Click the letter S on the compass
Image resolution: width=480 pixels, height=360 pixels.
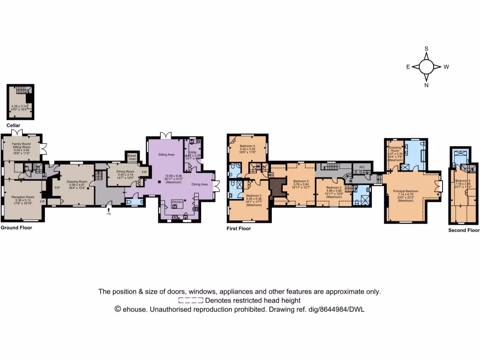pyautogui.click(x=427, y=48)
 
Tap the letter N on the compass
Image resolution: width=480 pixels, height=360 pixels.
pyautogui.click(x=427, y=85)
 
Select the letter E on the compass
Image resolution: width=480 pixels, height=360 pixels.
pyautogui.click(x=408, y=67)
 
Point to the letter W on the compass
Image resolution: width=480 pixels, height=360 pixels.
pyautogui.click(x=446, y=67)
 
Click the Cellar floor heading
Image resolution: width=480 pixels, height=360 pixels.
pyautogui.click(x=14, y=126)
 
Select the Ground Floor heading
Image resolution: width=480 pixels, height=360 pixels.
pyautogui.click(x=16, y=227)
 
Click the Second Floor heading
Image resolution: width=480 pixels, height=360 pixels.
pyautogui.click(x=464, y=230)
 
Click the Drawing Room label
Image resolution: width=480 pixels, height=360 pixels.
pyautogui.click(x=77, y=181)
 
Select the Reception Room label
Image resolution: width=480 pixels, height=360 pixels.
pyautogui.click(x=23, y=197)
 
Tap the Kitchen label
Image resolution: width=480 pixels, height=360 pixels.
pyautogui.click(x=177, y=202)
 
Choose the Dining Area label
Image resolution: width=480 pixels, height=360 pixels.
pyautogui.click(x=200, y=184)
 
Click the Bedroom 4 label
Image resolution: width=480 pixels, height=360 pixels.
pyautogui.click(x=247, y=146)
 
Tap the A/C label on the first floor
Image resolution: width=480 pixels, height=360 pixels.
pyautogui.click(x=361, y=167)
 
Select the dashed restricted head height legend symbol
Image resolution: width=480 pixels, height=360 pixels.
pyautogui.click(x=191, y=300)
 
